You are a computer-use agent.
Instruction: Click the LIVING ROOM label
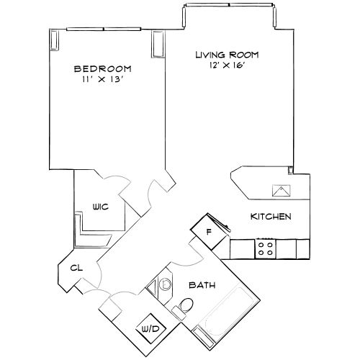(227, 55)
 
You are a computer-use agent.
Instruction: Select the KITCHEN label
(270, 216)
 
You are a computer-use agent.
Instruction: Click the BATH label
(202, 284)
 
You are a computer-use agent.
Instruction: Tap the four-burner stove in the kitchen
(265, 249)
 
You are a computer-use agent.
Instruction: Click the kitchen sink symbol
(279, 190)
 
